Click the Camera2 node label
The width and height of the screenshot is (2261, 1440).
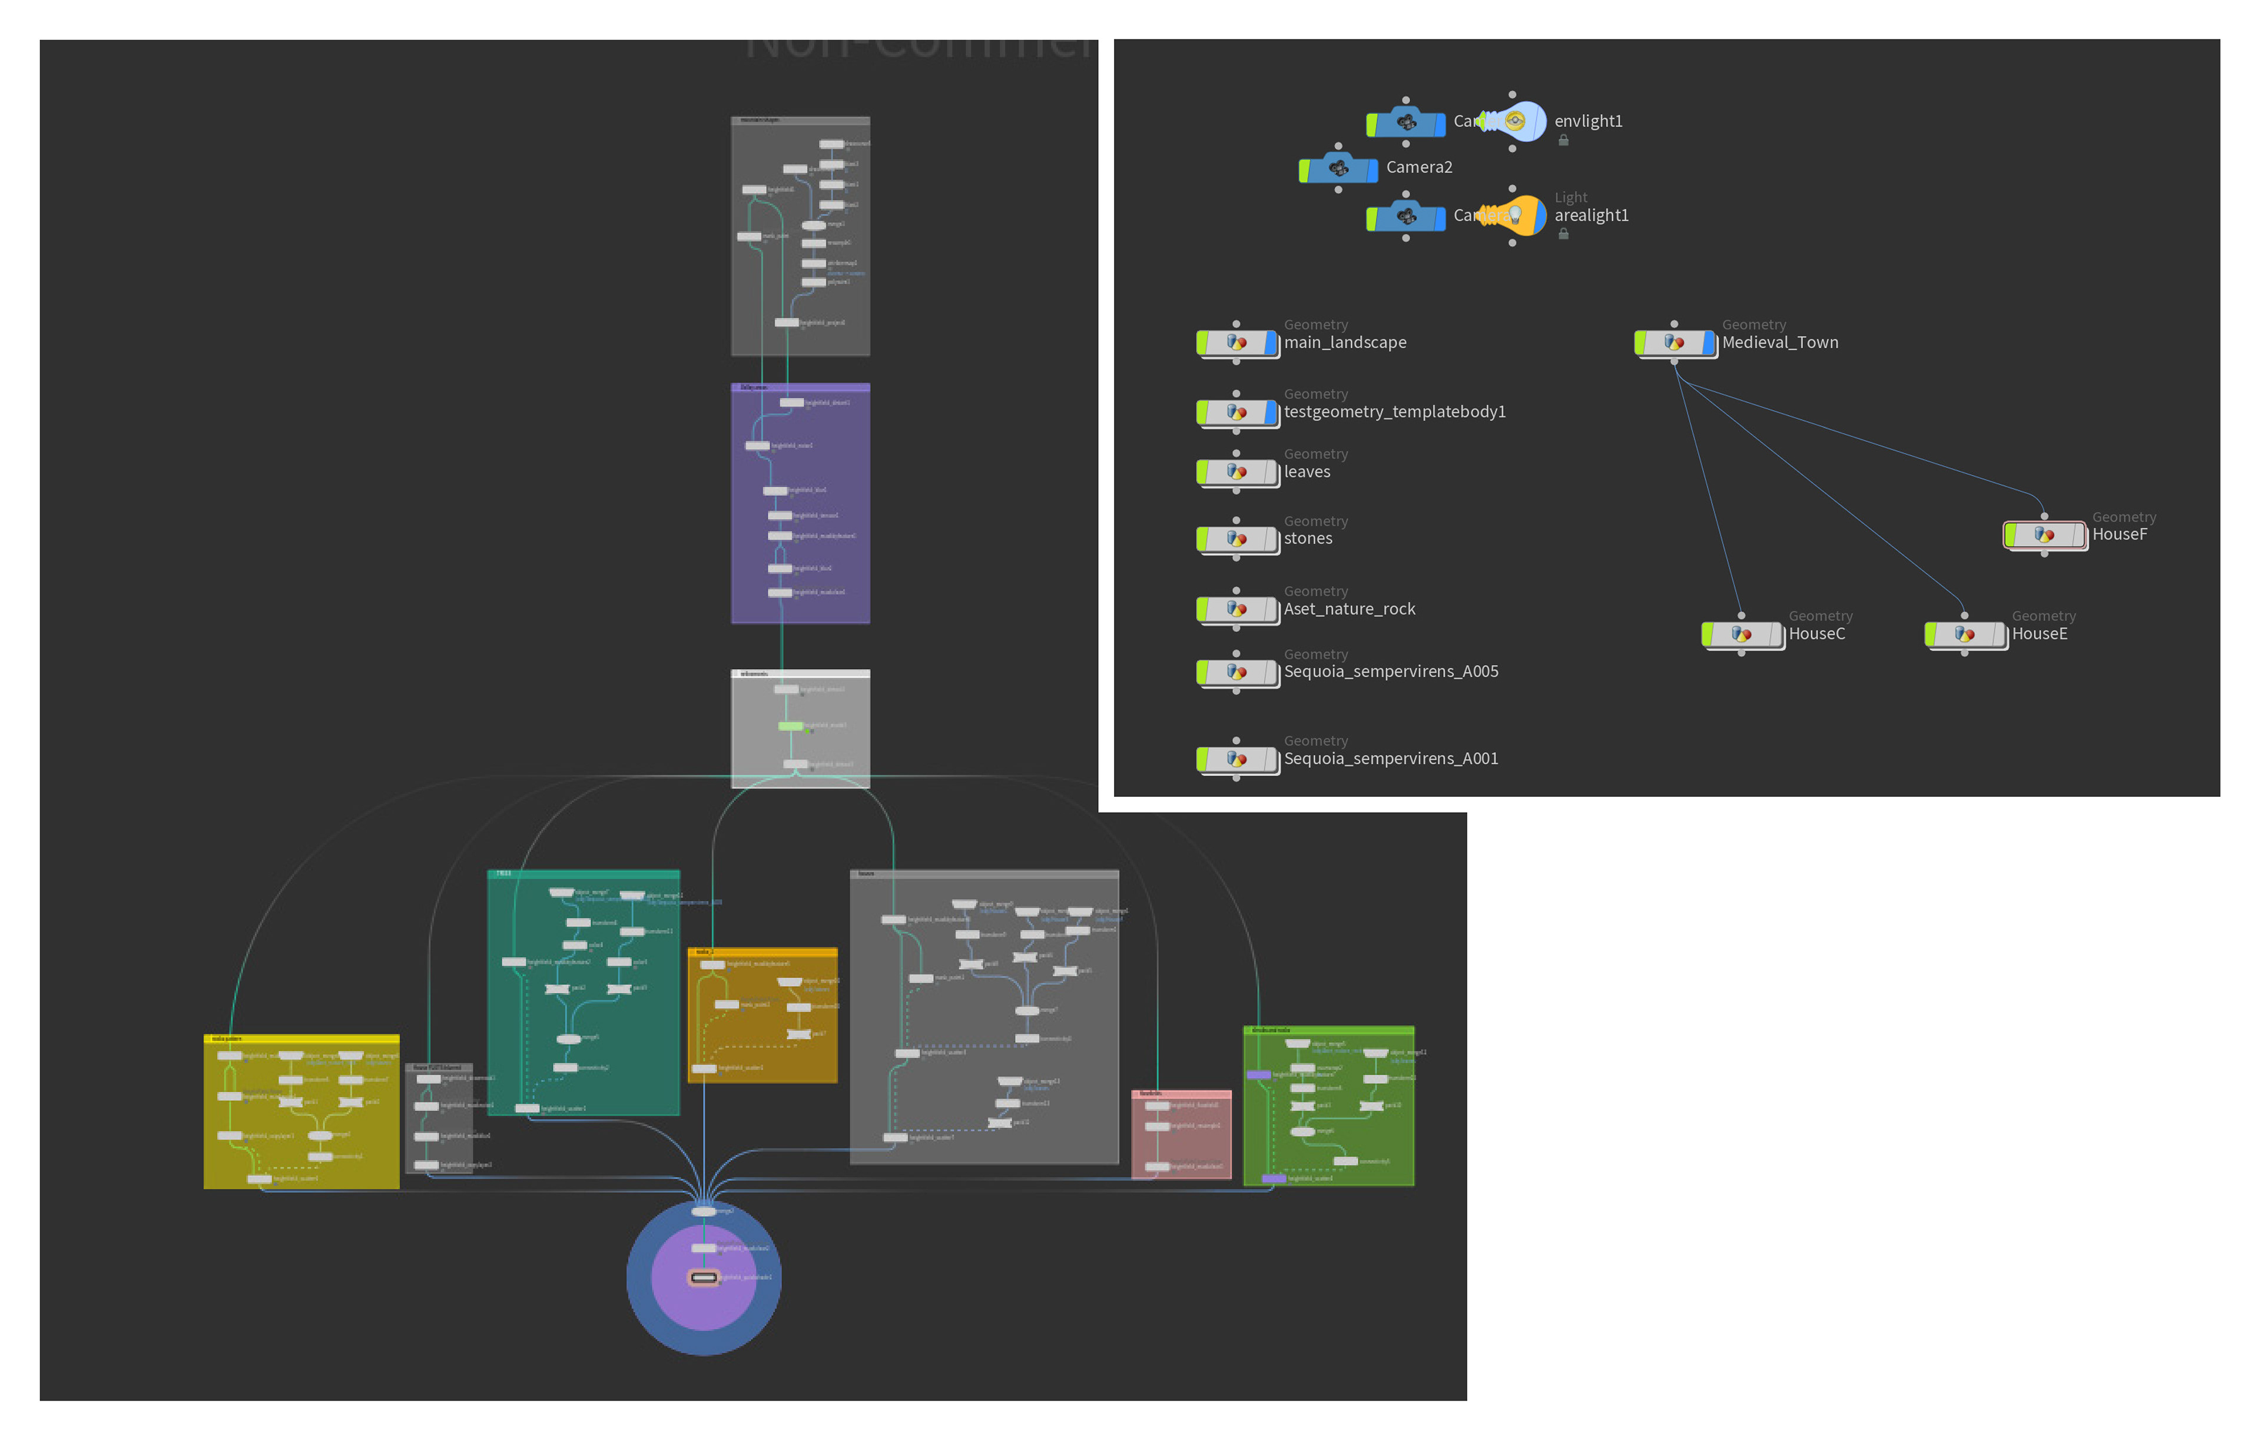click(1419, 167)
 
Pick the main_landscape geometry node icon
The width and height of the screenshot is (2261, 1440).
click(1236, 342)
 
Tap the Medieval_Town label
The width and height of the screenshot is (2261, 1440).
click(1779, 342)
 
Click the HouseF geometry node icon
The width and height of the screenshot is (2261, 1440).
click(2044, 535)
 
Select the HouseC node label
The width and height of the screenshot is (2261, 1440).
click(1816, 634)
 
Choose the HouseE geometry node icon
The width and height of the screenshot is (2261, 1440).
click(1964, 634)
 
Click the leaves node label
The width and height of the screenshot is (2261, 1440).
click(1306, 472)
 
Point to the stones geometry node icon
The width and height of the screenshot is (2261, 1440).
click(1236, 539)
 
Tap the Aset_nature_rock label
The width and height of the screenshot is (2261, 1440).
click(1348, 609)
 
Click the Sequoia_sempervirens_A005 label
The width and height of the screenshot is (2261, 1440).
click(1391, 671)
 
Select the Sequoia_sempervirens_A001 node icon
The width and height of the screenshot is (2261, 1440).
click(1236, 759)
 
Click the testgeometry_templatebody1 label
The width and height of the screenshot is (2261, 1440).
click(1394, 412)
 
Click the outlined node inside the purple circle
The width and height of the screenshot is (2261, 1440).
click(703, 1278)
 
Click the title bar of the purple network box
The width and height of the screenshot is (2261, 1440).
click(800, 387)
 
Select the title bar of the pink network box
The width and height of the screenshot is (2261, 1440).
click(1181, 1093)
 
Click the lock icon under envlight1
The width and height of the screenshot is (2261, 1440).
click(1563, 141)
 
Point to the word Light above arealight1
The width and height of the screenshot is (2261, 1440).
click(1570, 198)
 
